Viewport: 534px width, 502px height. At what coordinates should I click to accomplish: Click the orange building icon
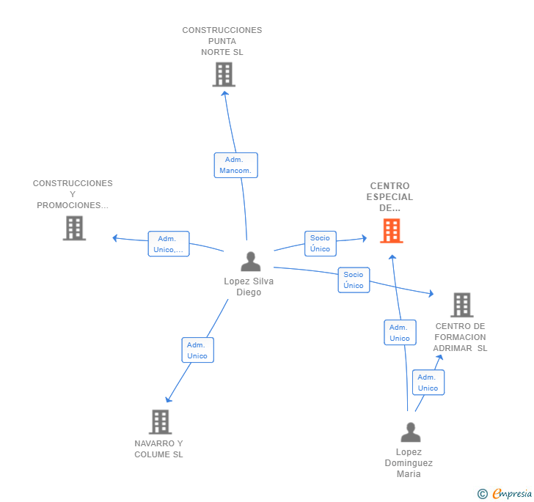[391, 231]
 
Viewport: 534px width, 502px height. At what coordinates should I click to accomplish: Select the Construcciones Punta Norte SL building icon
[224, 74]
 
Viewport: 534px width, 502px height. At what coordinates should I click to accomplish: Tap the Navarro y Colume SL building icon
[161, 421]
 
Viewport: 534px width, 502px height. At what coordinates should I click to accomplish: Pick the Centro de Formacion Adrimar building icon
[462, 305]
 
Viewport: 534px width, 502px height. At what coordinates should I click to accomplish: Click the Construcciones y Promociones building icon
[74, 228]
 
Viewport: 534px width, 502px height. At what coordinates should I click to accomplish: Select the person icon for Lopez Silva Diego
[251, 262]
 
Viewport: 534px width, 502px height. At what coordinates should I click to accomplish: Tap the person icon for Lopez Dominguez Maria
[411, 432]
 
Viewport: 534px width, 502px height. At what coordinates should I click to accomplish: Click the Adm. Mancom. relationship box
[235, 165]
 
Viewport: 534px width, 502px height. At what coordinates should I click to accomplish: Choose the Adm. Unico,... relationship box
[169, 244]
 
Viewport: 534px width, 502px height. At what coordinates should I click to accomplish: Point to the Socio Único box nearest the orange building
[320, 243]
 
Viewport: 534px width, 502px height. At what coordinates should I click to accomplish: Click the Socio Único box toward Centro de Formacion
[354, 280]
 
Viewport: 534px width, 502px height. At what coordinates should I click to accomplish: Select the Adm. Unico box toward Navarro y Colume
[197, 350]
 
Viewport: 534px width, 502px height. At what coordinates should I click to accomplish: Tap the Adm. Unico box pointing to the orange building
[400, 332]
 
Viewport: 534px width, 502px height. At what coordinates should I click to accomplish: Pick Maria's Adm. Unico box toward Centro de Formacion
[428, 383]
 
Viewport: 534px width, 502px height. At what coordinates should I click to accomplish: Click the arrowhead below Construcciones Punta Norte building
[224, 94]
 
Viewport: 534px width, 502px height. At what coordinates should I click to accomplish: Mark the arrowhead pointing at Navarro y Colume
[168, 399]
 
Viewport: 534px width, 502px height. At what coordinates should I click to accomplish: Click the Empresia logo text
[512, 493]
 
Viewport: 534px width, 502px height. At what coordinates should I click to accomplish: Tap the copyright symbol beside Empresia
[483, 493]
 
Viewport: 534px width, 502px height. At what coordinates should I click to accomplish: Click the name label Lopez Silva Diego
[249, 287]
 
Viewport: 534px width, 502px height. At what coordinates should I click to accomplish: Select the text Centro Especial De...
[389, 196]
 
